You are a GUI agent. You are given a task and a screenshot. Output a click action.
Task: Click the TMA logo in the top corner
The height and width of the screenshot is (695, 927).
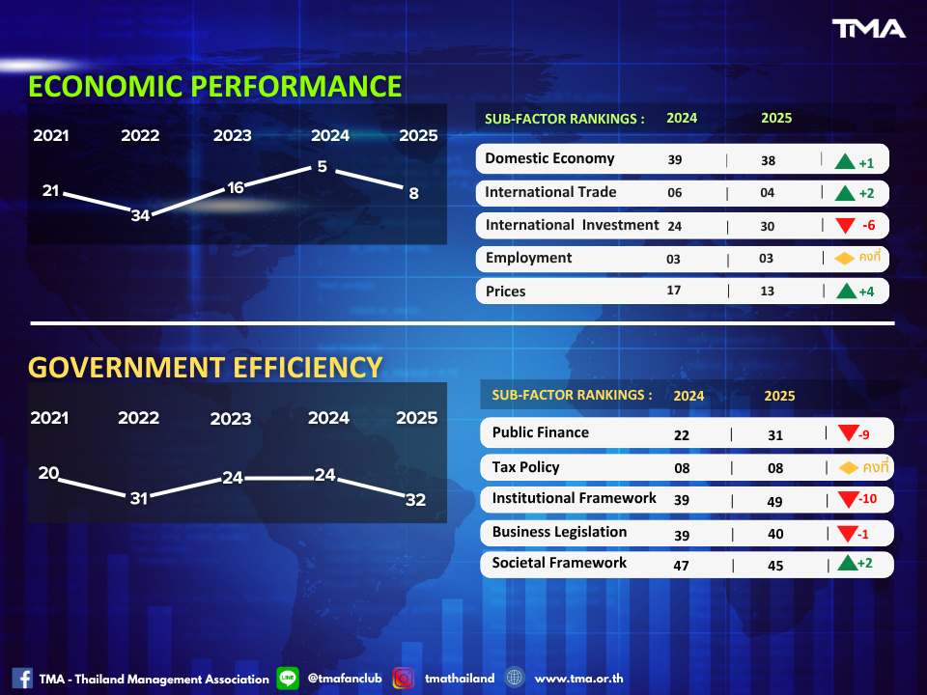pos(869,29)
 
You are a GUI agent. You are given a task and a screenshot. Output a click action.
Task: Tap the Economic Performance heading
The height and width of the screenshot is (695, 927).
pos(214,86)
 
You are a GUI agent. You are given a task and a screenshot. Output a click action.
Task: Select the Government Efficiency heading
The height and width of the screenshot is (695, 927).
pos(205,367)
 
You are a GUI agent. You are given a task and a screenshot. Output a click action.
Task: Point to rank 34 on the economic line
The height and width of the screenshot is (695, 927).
pos(140,215)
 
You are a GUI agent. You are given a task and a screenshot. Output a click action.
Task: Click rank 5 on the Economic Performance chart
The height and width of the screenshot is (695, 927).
pos(322,167)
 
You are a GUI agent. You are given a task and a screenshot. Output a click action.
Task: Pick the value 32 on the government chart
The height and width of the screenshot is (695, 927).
pos(416,499)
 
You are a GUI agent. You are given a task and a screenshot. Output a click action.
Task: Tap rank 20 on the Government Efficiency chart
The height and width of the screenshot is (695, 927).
pos(48,473)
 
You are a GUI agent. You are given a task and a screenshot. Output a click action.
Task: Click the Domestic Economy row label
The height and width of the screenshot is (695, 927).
pos(549,158)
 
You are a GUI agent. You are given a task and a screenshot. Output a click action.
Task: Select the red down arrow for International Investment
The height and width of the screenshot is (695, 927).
pos(845,226)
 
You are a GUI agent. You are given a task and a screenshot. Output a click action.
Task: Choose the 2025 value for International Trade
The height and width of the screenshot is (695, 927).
pos(768,193)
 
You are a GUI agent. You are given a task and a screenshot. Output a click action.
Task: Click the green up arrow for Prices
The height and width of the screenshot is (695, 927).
pos(845,291)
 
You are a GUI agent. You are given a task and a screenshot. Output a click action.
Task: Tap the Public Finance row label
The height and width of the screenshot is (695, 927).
pos(540,432)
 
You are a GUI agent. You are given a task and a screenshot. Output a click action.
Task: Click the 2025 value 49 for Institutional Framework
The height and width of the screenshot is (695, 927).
pos(774,501)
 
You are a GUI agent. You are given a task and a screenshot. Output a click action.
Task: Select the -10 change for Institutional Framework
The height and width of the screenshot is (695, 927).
pos(869,500)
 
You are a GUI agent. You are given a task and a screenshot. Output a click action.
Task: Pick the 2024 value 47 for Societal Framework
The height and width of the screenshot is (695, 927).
pos(681,566)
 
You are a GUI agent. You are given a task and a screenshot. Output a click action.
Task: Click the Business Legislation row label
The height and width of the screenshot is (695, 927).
pos(559,532)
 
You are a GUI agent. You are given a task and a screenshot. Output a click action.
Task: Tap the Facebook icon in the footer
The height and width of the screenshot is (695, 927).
pos(22,679)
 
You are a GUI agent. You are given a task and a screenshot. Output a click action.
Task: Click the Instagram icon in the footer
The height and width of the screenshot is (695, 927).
pos(404,679)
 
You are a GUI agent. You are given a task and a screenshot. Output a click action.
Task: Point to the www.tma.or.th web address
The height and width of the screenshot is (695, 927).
pos(578,679)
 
